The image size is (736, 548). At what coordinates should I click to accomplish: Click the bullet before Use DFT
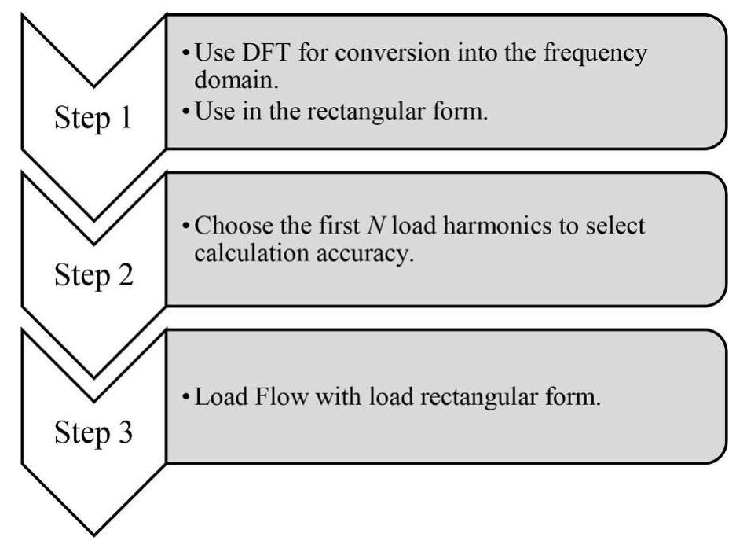click(x=184, y=55)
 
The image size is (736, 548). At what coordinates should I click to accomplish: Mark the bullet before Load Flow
click(x=184, y=399)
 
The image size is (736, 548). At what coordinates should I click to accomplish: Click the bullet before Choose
click(x=184, y=227)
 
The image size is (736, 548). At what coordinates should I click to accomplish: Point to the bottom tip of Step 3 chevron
click(x=93, y=536)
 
